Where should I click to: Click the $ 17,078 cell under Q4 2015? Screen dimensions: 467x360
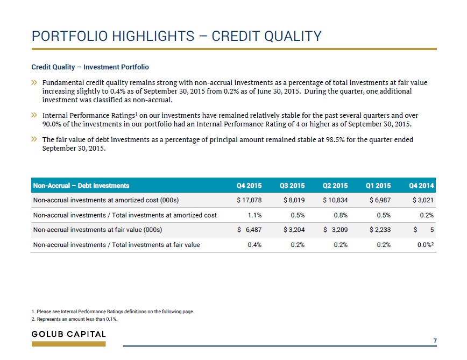(249, 200)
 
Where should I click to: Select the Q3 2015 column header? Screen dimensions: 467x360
(292, 186)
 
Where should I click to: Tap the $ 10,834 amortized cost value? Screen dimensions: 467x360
(335, 200)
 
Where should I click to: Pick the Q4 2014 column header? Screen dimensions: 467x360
(421, 186)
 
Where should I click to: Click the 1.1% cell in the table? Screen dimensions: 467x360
(254, 215)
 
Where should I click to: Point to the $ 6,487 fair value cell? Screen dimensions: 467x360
(249, 230)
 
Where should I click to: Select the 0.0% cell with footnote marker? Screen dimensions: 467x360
(425, 244)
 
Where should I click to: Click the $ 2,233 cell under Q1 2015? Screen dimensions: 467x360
(380, 230)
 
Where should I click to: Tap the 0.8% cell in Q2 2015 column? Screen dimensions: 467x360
(341, 215)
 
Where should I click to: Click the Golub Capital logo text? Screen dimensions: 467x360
(68, 334)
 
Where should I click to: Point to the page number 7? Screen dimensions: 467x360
(435, 341)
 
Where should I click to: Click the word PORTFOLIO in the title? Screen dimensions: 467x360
(69, 36)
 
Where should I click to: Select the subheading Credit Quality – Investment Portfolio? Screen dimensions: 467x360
(90, 67)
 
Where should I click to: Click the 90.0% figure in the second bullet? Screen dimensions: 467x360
(52, 124)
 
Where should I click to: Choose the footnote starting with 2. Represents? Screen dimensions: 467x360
(74, 319)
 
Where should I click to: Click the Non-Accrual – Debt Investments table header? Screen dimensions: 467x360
(81, 186)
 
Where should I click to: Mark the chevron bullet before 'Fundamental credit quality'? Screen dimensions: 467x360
(34, 82)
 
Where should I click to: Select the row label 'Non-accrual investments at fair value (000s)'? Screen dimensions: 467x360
(97, 230)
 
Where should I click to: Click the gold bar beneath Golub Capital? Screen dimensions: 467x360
(68, 344)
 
